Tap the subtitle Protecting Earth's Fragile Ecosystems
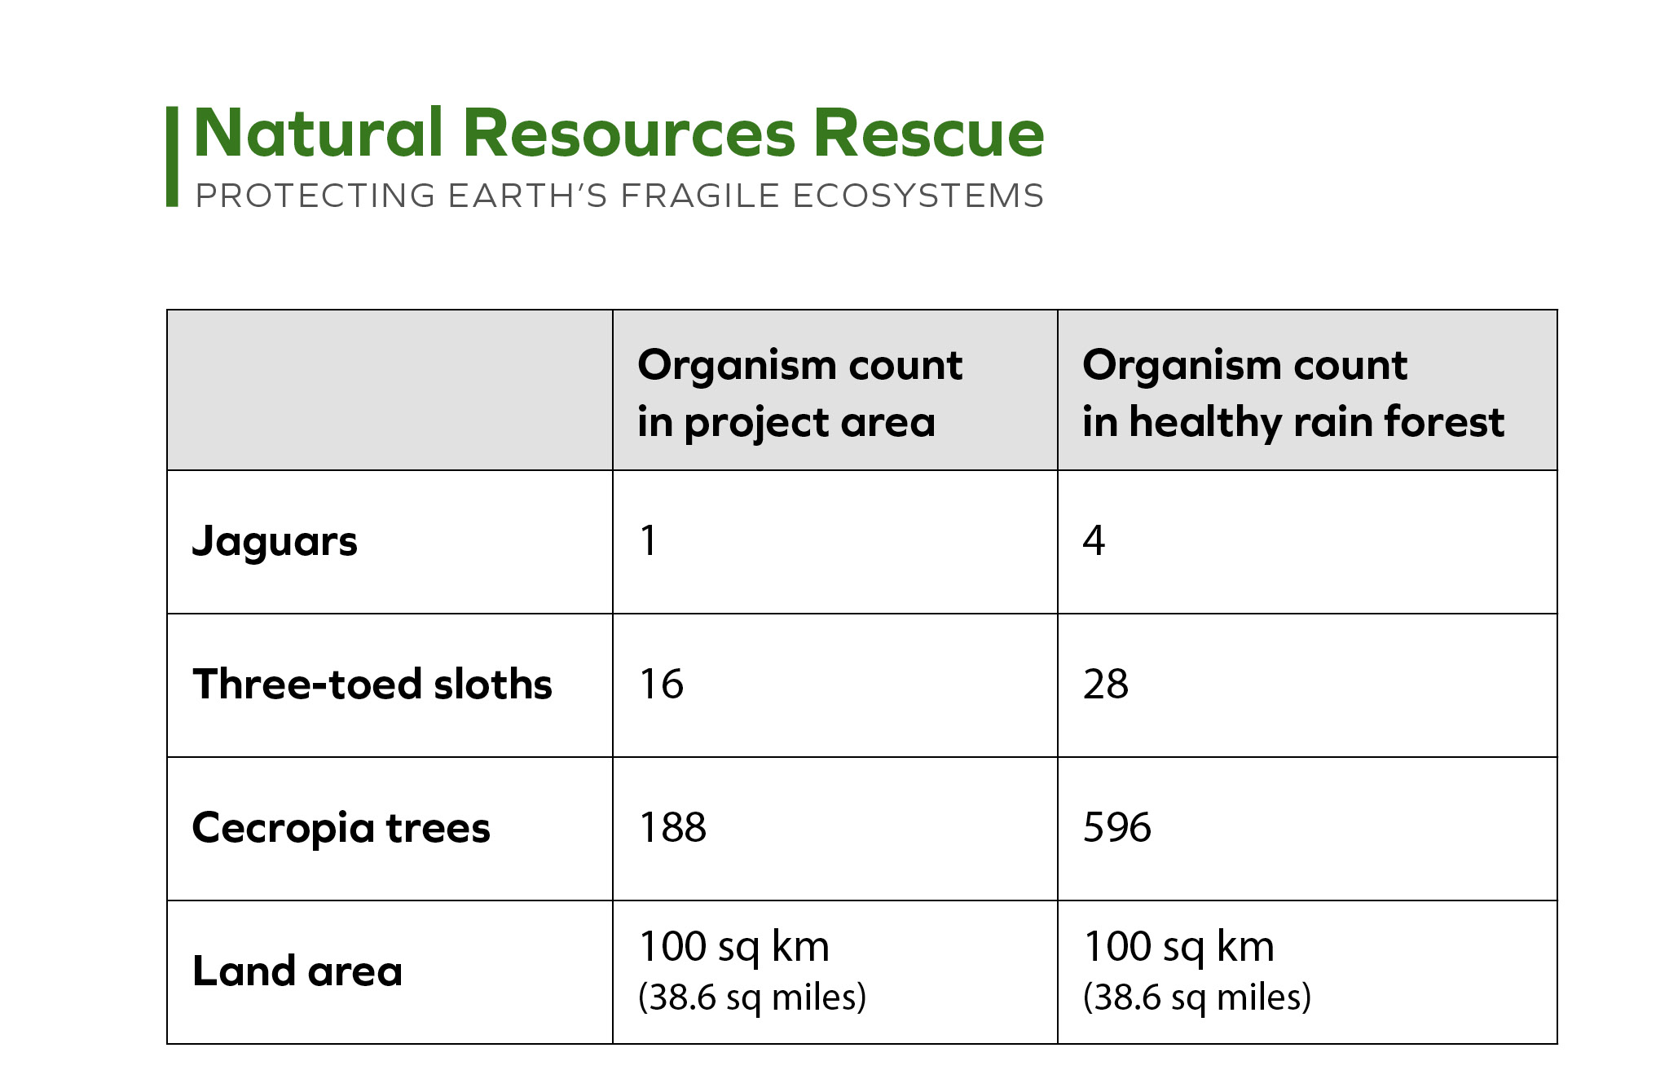point(619,196)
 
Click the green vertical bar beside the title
point(172,156)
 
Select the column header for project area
point(799,394)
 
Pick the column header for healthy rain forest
point(1293,394)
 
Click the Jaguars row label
point(275,542)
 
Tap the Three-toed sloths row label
point(372,684)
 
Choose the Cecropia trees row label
point(341,828)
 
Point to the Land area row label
point(297,971)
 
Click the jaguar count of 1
point(649,540)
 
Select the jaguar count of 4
point(1094,540)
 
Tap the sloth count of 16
point(662,684)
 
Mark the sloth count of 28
point(1106,684)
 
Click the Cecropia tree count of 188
point(673,827)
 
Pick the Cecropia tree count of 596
point(1117,827)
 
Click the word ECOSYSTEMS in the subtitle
point(918,196)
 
